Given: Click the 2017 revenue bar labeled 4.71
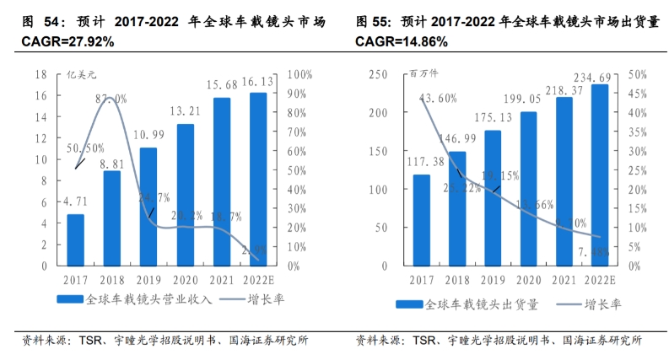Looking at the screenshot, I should point(75,239).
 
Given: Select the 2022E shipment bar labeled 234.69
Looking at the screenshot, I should point(600,175).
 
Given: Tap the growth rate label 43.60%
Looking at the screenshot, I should point(433,99).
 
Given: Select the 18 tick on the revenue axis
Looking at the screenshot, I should point(39,74).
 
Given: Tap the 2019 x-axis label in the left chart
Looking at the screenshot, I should point(148,279).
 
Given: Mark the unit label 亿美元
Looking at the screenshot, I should point(81,74).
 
